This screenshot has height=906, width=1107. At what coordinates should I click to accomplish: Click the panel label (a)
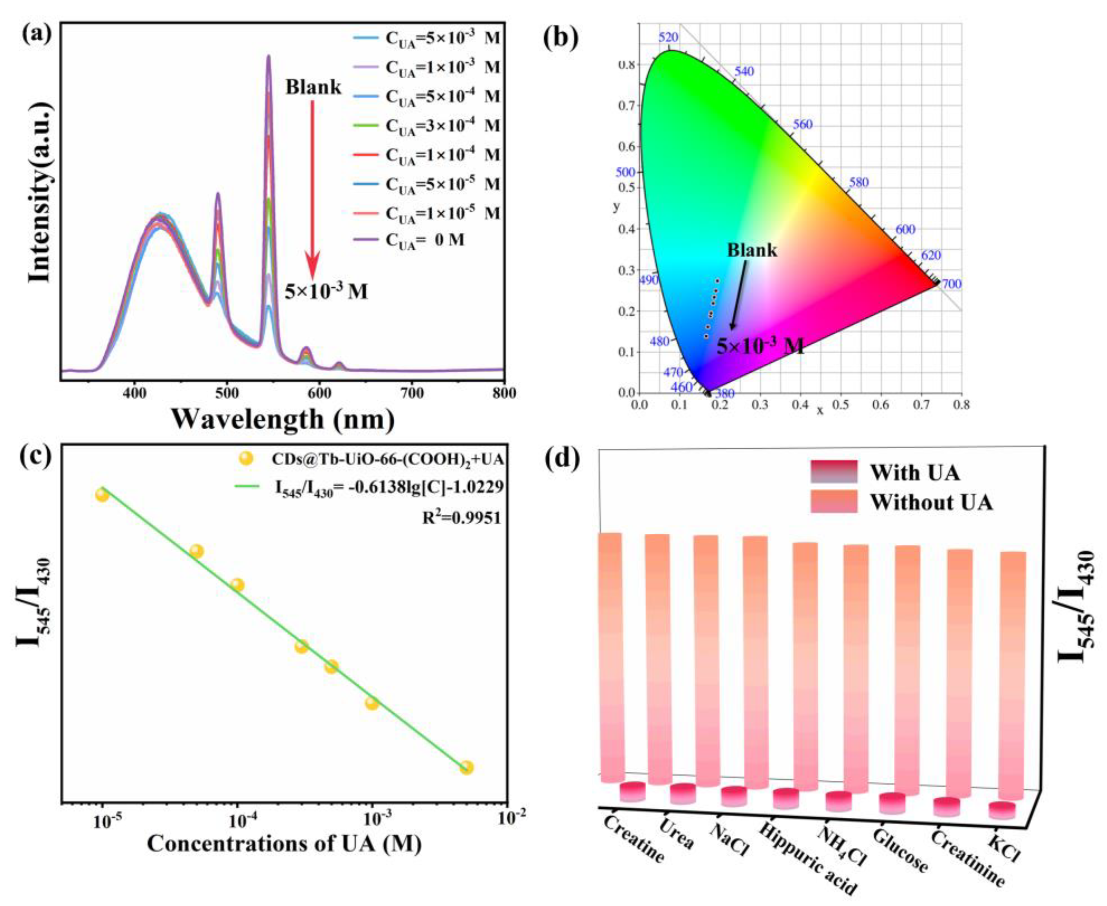point(37,37)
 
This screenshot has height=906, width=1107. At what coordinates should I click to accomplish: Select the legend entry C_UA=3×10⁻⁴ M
point(442,126)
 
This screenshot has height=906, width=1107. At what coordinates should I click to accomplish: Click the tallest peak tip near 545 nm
point(269,56)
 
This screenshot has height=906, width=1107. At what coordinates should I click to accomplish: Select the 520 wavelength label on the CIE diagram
point(669,38)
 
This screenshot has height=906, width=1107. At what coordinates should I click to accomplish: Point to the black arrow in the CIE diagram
point(739,295)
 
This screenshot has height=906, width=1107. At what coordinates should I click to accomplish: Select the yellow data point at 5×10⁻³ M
point(467,768)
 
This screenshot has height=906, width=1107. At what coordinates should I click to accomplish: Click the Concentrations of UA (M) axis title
point(284,844)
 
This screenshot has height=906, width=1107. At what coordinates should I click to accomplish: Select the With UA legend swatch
point(833,472)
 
